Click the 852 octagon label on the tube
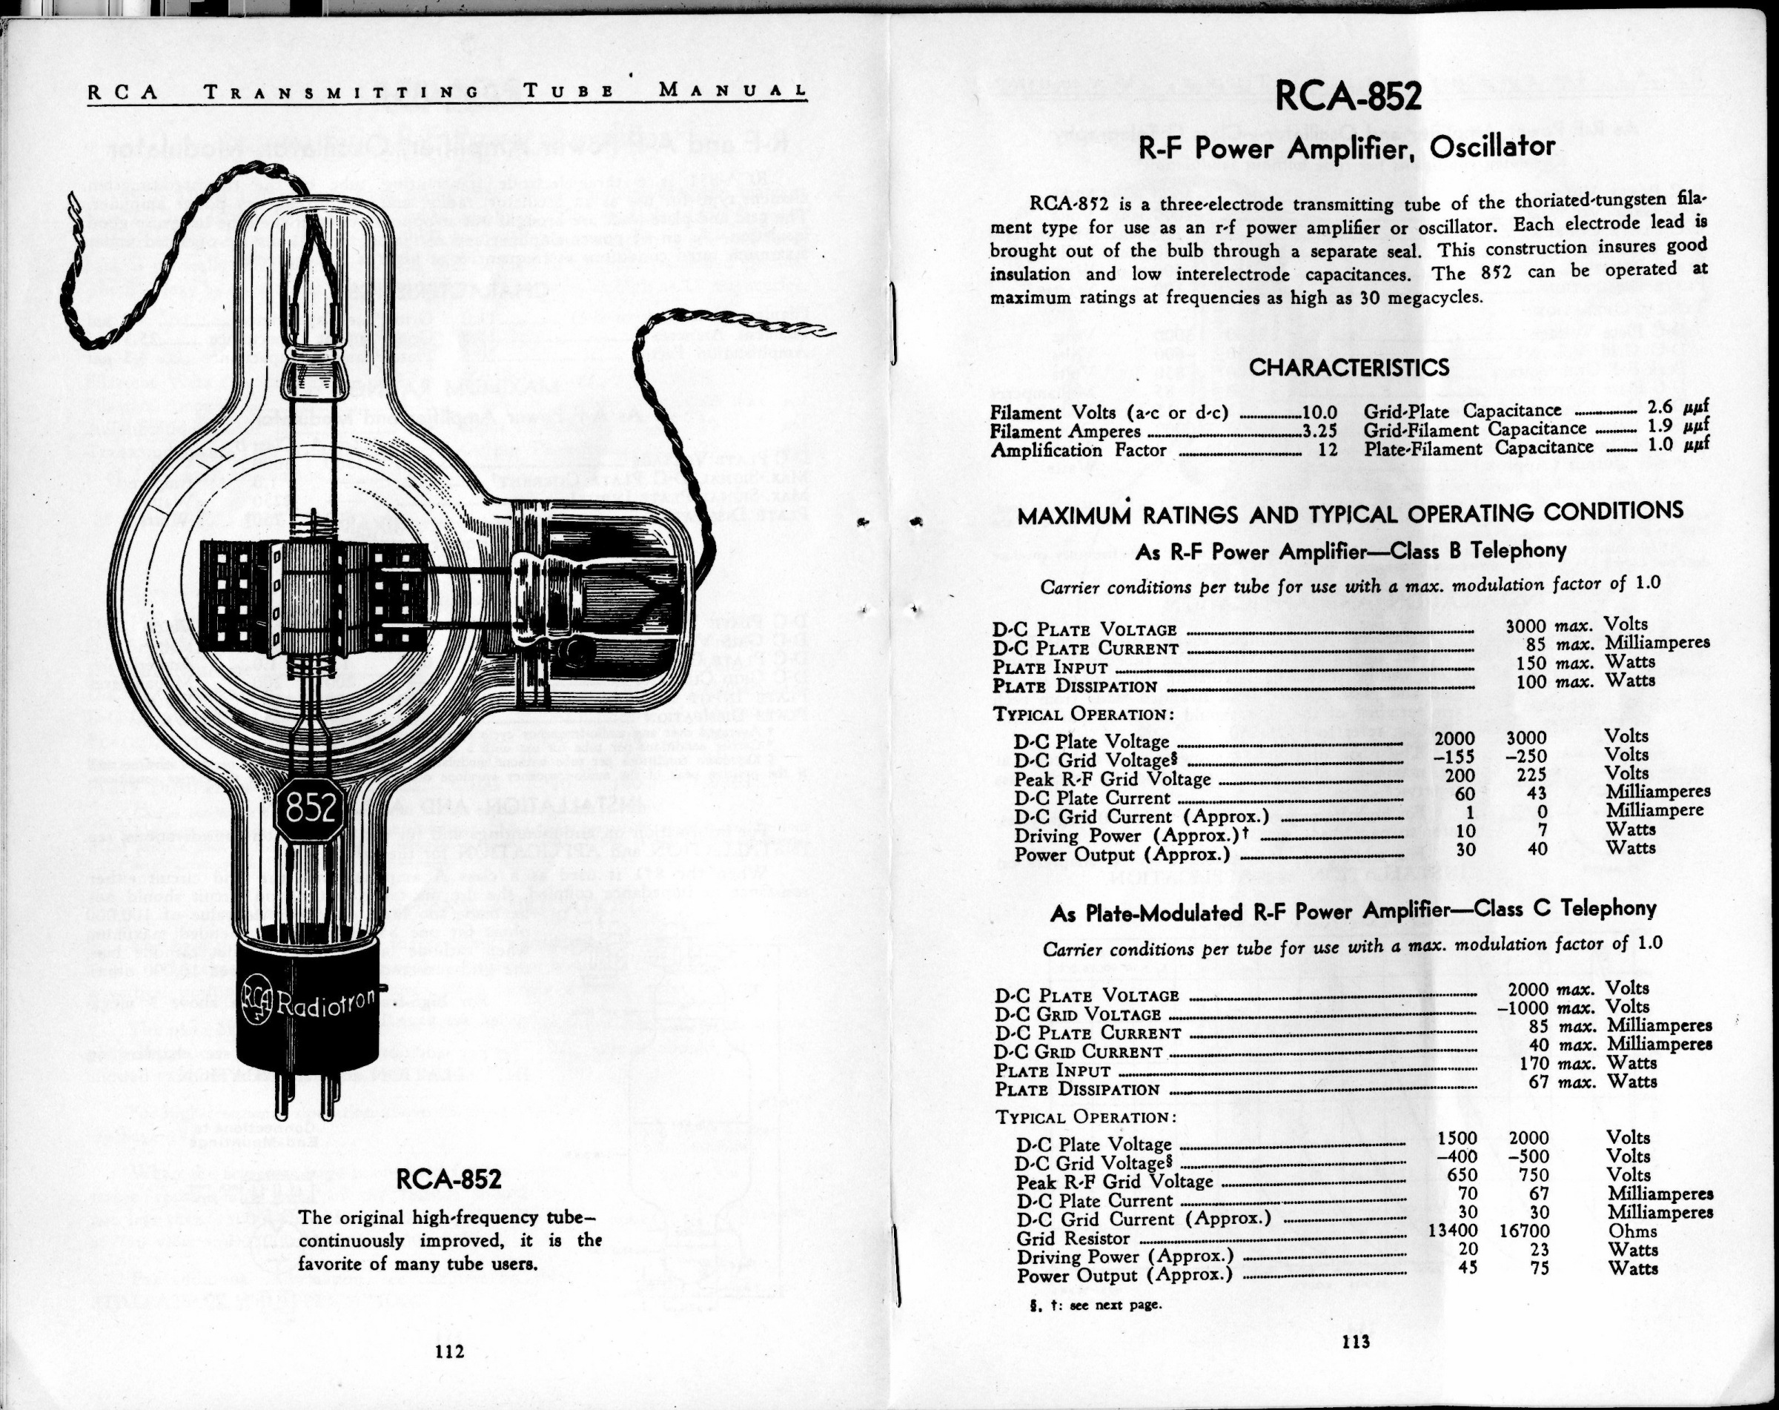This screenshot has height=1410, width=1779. [311, 810]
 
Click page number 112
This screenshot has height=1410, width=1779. [450, 1351]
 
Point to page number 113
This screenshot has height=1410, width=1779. [1356, 1342]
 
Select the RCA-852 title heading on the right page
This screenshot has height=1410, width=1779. [1348, 97]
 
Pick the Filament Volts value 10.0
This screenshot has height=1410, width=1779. [1319, 412]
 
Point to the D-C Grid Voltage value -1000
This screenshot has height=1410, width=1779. [1529, 1008]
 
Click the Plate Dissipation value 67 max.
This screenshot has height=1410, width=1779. [1537, 1082]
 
